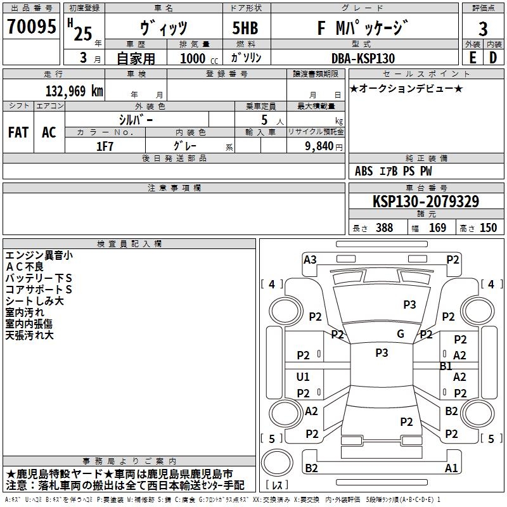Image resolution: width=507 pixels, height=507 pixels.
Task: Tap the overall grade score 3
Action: click(x=483, y=29)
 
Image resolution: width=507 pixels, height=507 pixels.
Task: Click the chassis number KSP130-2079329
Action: click(x=425, y=202)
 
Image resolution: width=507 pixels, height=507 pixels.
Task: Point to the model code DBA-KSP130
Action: click(x=363, y=58)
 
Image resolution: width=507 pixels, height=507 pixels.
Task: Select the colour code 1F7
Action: click(x=105, y=146)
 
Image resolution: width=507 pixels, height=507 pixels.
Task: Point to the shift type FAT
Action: click(x=18, y=132)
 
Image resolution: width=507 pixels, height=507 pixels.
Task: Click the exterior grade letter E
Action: click(x=472, y=58)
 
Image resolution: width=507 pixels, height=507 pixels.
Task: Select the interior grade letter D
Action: click(x=493, y=58)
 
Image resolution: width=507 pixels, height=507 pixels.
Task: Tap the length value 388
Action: click(x=384, y=228)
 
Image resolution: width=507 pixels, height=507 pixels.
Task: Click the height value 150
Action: click(x=488, y=228)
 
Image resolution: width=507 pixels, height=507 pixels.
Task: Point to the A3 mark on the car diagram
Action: click(x=310, y=259)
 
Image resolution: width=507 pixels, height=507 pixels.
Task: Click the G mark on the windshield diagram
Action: click(x=401, y=334)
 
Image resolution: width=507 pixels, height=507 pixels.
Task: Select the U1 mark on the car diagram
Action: click(x=303, y=377)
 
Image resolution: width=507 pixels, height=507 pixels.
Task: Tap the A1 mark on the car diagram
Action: click(x=451, y=468)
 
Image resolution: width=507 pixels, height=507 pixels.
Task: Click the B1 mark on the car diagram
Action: click(x=446, y=366)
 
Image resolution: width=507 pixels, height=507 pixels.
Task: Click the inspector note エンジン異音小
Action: click(x=39, y=255)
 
